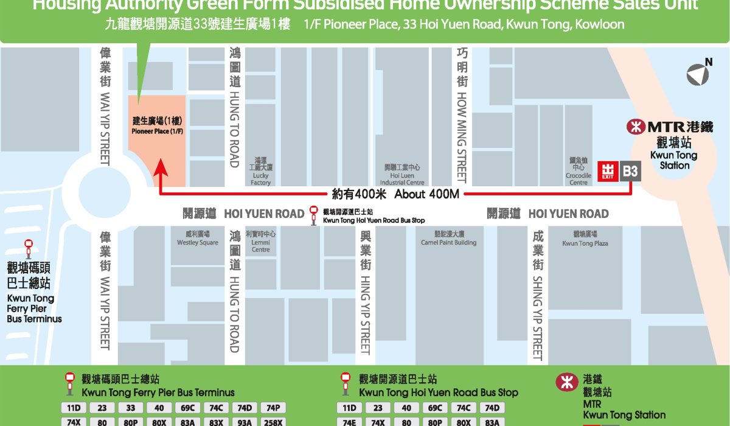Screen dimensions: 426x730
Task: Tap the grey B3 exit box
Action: (630, 172)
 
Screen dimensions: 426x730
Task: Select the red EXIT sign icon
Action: (608, 172)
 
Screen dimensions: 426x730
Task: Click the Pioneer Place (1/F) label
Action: (157, 131)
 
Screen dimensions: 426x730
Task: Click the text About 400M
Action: (426, 194)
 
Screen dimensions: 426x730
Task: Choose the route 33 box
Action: (131, 408)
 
